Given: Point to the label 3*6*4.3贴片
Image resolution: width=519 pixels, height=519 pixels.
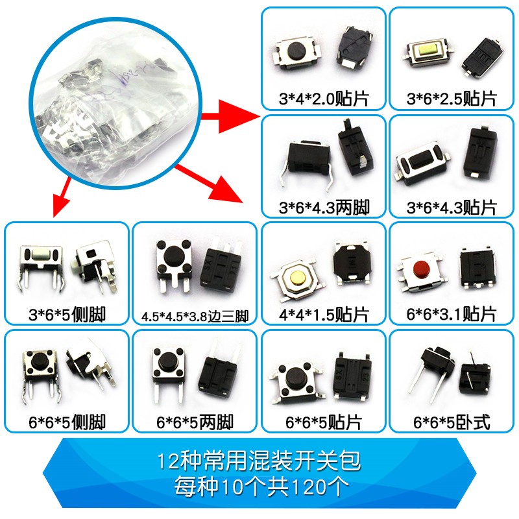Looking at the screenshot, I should coord(452,208).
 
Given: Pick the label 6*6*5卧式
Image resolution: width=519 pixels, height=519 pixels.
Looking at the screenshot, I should coord(452,423).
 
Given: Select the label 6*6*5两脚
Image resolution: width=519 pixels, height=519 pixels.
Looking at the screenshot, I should coord(195,423).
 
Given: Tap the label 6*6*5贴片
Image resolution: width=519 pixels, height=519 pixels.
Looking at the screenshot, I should coord(323,423).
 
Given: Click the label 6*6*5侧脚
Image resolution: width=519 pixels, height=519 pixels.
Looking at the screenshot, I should coord(67,423).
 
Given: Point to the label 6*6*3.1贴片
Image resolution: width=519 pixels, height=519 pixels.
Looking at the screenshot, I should coord(452,315).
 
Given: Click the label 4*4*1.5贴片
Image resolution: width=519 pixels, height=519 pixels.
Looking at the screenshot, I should coord(323,315).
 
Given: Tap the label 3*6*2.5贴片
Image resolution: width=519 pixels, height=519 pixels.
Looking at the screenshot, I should coord(452,99).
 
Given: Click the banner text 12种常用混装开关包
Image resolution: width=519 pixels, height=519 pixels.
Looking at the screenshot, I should coord(259,462).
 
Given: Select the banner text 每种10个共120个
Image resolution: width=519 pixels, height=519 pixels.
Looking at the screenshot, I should coord(259,485).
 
